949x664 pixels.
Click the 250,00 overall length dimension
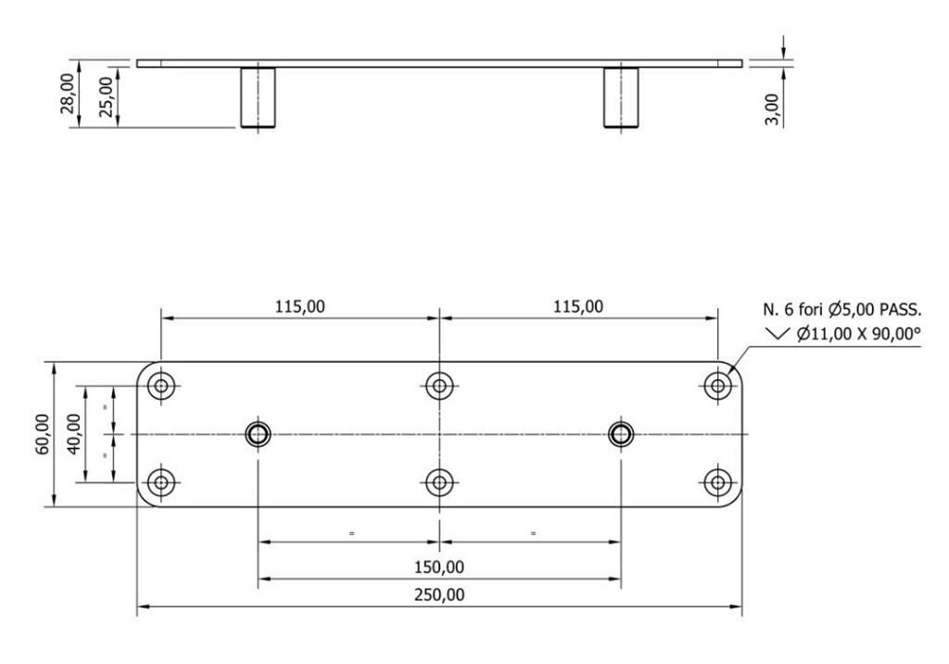point(439,594)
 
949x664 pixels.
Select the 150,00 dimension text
point(439,567)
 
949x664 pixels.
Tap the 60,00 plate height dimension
point(43,434)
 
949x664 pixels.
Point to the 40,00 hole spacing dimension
point(73,434)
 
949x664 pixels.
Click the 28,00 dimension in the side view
point(67,94)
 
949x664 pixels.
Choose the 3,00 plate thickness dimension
point(772,109)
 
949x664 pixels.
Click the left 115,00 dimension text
point(300,307)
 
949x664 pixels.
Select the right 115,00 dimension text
point(578,307)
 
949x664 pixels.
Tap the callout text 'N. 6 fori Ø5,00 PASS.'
point(841,310)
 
